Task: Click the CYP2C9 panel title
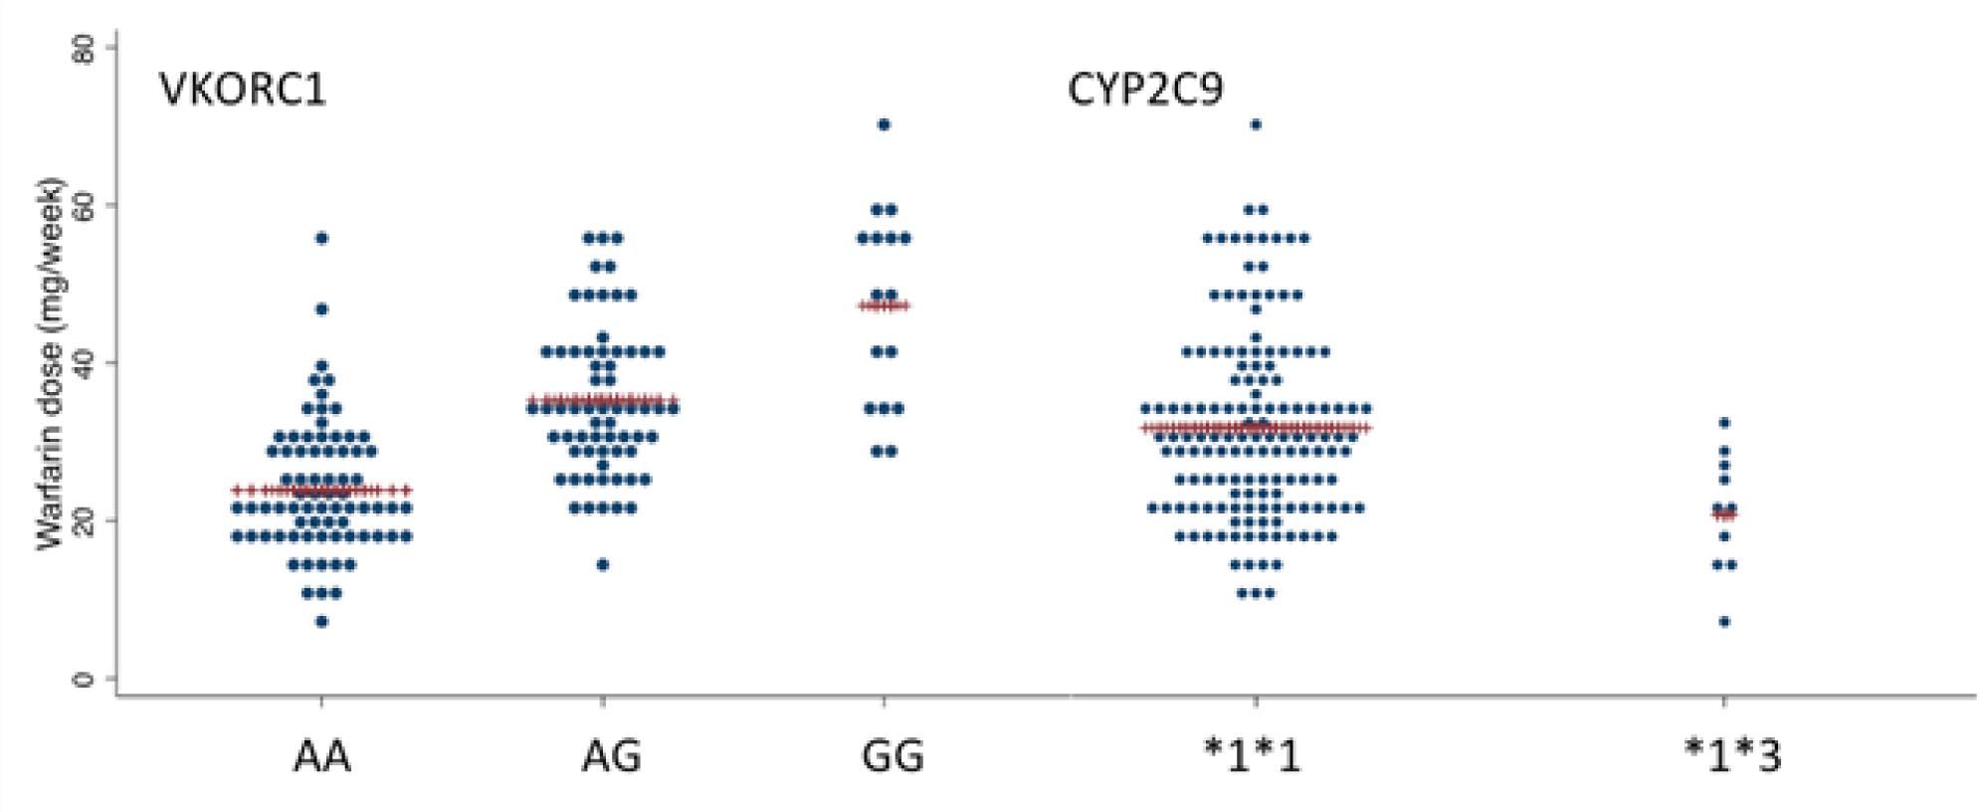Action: click(1145, 91)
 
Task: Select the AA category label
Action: click(322, 757)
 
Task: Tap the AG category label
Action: click(611, 757)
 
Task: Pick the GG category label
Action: click(892, 757)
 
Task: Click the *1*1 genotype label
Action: click(1252, 757)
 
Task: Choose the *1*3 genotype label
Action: click(1732, 757)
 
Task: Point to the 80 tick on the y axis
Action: click(87, 48)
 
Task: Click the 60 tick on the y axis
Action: click(87, 205)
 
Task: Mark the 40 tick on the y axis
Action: click(87, 363)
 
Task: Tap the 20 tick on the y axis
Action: click(87, 520)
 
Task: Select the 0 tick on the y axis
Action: click(87, 679)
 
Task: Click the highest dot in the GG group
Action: click(884, 124)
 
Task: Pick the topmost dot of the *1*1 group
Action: click(1256, 124)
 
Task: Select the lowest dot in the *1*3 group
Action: click(1724, 622)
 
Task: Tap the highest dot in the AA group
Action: click(321, 238)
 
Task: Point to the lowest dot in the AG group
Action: click(602, 565)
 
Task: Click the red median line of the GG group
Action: click(884, 305)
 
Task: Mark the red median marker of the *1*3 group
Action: click(1724, 514)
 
